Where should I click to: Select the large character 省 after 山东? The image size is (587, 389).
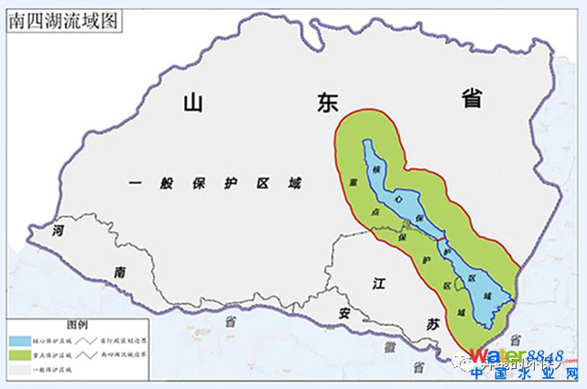(x=472, y=100)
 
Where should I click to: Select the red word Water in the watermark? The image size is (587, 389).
(x=495, y=356)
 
